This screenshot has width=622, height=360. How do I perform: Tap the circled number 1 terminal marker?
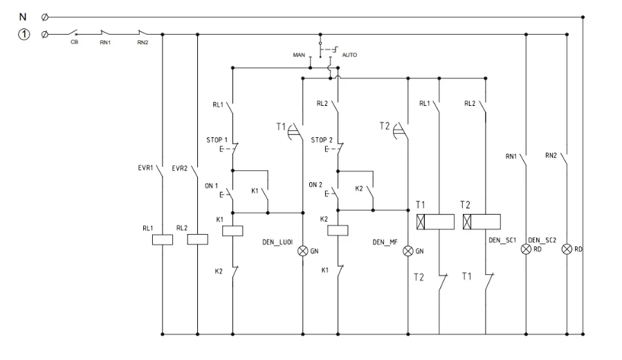coord(23,33)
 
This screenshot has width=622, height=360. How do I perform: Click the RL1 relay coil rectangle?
coord(161,239)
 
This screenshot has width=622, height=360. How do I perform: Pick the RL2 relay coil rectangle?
coord(198,239)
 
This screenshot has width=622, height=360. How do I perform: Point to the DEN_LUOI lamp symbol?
coord(302,251)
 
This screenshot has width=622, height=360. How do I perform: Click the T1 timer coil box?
coord(435,222)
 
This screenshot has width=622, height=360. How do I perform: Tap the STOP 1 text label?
coord(216,141)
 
